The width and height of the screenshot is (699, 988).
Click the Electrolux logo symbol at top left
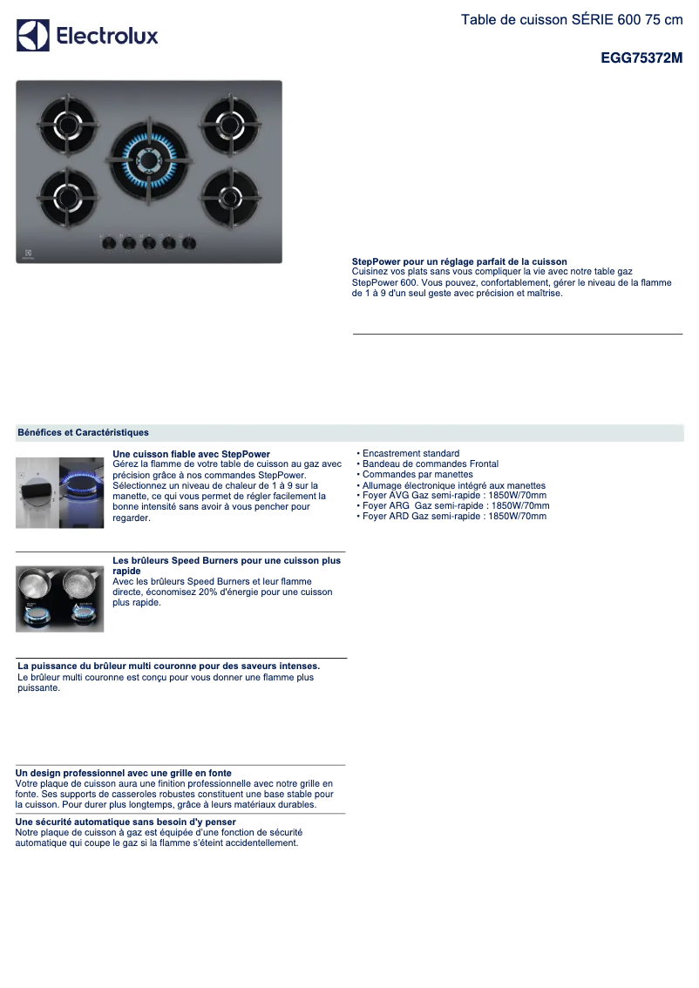33,36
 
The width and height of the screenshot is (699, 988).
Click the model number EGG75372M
641,58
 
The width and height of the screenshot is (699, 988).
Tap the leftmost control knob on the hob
109,243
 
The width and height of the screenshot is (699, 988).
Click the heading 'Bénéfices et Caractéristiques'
83,432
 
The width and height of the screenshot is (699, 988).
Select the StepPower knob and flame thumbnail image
59,492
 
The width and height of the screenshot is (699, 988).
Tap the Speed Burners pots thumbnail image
59,599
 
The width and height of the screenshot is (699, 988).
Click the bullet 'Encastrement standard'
410,453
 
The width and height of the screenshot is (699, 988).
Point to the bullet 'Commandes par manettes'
417,474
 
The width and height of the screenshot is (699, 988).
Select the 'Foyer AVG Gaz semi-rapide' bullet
453,495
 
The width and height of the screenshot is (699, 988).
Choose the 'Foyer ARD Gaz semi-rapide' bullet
453,516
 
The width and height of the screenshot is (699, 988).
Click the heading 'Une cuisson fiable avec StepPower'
191,454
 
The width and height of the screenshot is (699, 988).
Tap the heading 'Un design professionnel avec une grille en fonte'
124,773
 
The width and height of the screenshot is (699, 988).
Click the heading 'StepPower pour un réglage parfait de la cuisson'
459,261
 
